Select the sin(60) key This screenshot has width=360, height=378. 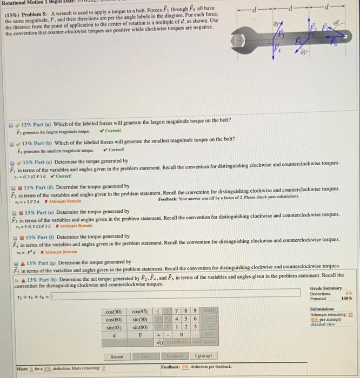(139, 327)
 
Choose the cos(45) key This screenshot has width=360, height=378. (139, 312)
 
